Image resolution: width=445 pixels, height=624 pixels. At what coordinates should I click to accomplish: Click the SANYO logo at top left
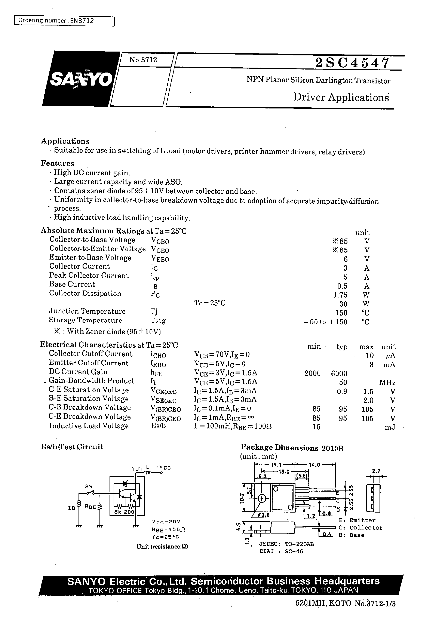[81, 79]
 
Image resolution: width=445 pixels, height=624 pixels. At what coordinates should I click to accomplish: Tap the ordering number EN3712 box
[64, 21]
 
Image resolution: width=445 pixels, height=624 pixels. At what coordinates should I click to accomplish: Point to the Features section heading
[58, 163]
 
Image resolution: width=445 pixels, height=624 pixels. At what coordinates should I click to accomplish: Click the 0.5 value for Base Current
[342, 286]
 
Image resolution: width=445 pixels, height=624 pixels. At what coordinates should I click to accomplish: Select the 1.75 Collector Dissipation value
[340, 295]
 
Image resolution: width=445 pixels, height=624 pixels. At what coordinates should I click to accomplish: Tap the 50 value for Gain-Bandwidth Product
[343, 382]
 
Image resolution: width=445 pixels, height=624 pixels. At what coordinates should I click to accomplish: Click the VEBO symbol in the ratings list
[160, 259]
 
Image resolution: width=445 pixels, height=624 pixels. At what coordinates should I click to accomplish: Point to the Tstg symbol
[158, 320]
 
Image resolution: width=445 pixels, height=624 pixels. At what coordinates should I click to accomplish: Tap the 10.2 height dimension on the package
[241, 498]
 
